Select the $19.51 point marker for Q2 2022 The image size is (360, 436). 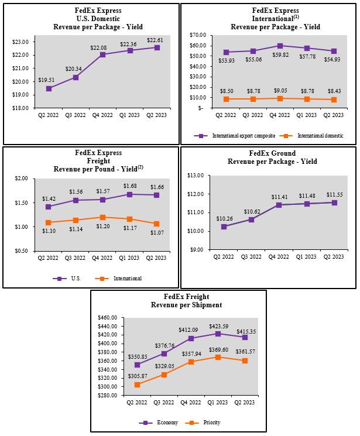pyautogui.click(x=49, y=88)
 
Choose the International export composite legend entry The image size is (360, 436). pyautogui.click(x=239, y=136)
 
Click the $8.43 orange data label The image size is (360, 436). pyautogui.click(x=334, y=91)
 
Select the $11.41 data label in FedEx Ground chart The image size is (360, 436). pyautogui.click(x=279, y=197)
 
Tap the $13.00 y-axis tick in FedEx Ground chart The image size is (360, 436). pyautogui.click(x=194, y=176)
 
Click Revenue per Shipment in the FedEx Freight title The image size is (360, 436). pyautogui.click(x=179, y=305)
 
